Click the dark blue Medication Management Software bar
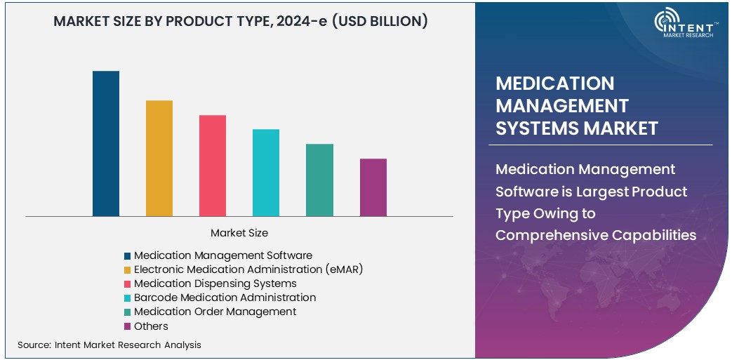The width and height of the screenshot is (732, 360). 106,144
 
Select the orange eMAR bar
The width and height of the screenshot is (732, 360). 159,159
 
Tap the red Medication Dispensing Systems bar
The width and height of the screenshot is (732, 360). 213,166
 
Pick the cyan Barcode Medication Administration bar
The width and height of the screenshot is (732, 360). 266,173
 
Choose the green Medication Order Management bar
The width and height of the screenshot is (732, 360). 319,180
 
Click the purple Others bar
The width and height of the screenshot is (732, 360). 373,187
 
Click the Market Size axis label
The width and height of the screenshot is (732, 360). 239,233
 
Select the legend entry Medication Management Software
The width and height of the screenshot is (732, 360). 223,255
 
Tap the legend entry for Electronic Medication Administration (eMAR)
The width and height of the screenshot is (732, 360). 248,269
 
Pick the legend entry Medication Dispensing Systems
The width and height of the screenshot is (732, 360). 215,284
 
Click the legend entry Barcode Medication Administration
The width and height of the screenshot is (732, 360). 225,298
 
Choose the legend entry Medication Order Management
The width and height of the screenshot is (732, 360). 215,312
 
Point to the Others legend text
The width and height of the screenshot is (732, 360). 152,326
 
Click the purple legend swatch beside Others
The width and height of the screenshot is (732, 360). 127,326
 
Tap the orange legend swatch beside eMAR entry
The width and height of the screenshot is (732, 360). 127,270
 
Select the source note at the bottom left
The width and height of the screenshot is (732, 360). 109,345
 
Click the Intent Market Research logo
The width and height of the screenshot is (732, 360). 684,25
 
